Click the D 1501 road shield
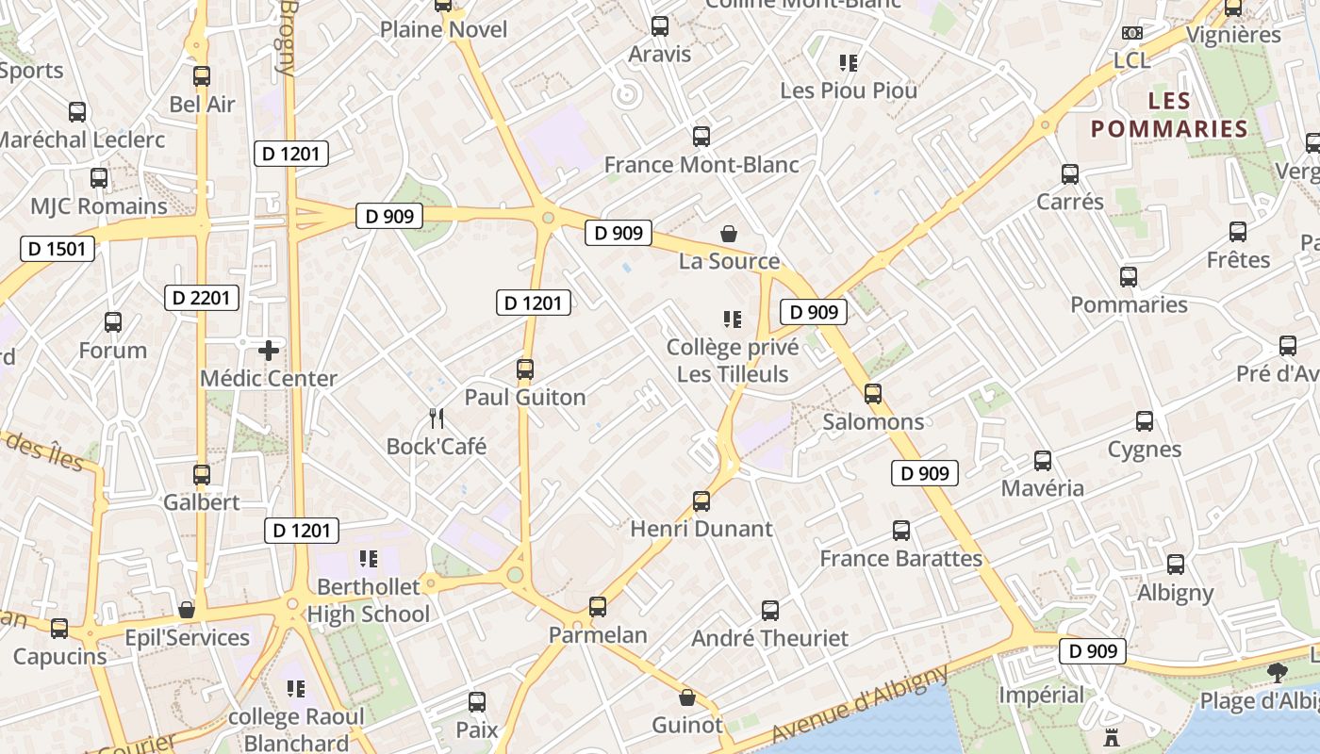point(58,249)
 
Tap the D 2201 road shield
point(202,298)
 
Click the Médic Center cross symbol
point(269,351)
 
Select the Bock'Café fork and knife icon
point(436,418)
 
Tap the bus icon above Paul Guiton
point(525,369)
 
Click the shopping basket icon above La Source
point(729,233)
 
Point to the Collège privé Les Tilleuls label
point(733,360)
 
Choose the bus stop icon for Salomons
point(873,394)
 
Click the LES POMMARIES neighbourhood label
point(1169,115)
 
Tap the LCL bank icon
point(1132,33)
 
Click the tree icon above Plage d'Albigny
point(1278,673)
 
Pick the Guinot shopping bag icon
point(687,697)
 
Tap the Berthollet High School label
point(368,600)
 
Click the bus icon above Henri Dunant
point(701,501)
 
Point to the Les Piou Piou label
point(849,90)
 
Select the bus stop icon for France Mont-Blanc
point(701,137)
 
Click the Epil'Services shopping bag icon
point(187,610)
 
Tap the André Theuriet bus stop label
point(770,638)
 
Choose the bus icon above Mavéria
point(1043,461)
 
